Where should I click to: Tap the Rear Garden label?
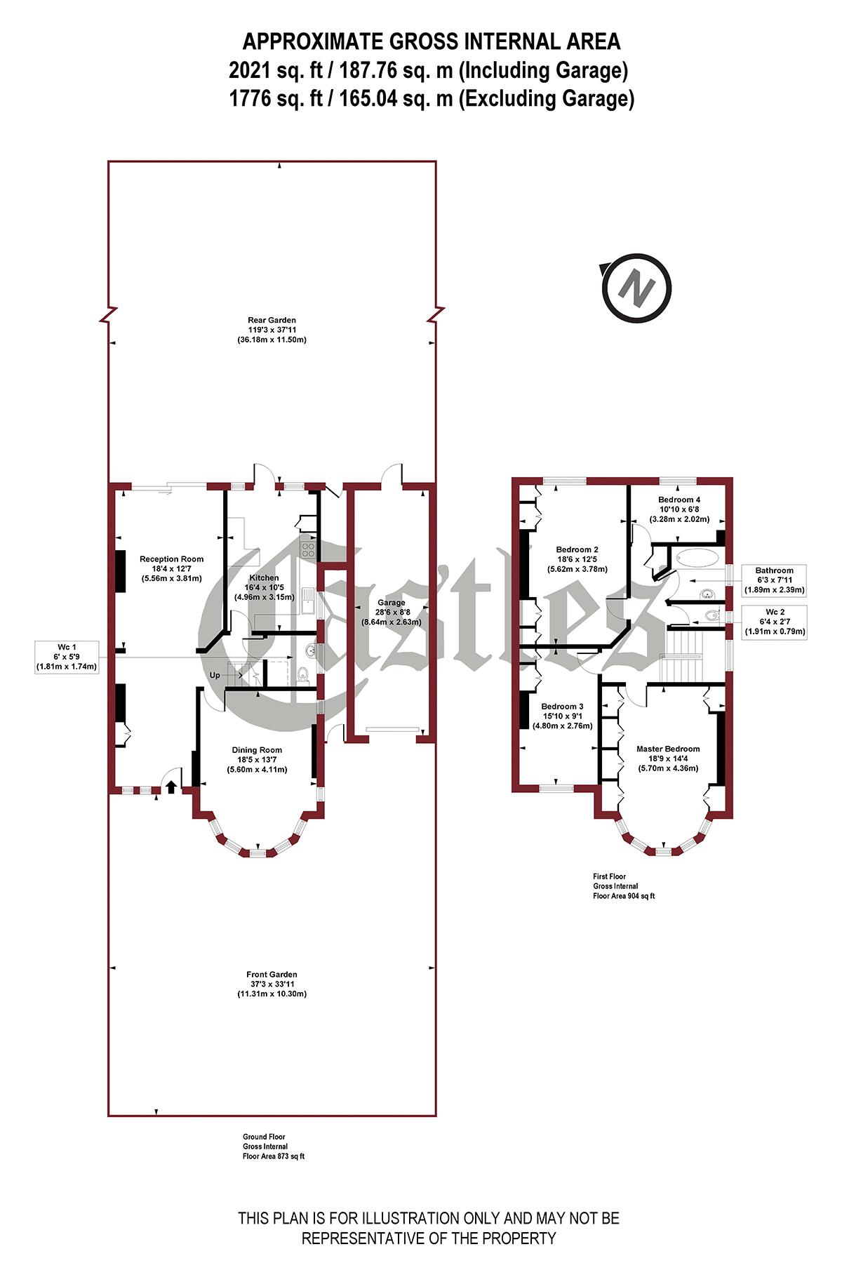[x=272, y=330]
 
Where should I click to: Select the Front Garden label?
[x=272, y=984]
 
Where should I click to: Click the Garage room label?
[x=391, y=612]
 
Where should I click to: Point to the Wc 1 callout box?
[x=67, y=657]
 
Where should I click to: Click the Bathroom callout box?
[x=775, y=580]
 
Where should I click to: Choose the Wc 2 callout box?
[x=775, y=622]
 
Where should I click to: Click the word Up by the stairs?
[x=216, y=675]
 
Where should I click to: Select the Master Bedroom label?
[x=668, y=759]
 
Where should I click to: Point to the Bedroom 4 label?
[x=678, y=509]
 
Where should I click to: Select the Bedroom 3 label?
[x=562, y=716]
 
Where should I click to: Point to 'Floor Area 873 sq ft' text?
[x=269, y=1156]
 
